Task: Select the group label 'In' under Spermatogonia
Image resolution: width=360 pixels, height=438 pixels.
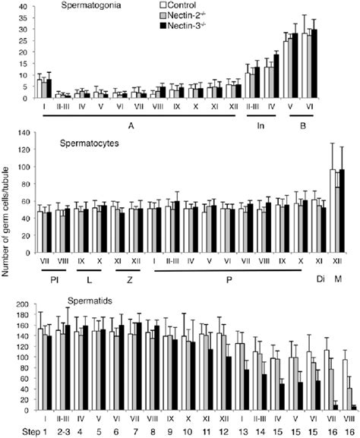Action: click(x=261, y=126)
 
